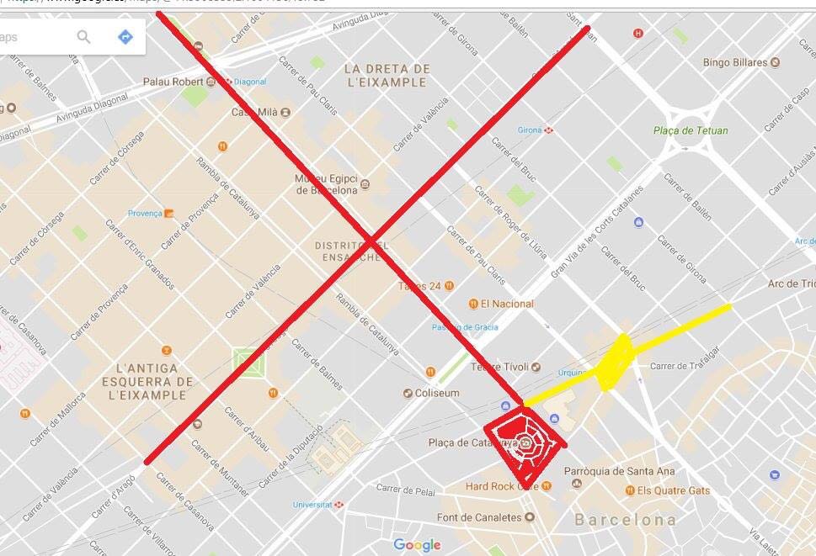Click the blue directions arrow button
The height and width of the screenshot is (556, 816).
[125, 37]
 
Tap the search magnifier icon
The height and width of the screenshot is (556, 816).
[83, 37]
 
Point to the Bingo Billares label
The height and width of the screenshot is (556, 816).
[734, 62]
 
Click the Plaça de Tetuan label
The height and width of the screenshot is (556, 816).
[691, 130]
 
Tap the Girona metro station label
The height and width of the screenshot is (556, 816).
[530, 130]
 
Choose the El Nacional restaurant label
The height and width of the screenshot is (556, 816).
[507, 304]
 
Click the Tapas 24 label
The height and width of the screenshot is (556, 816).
[420, 286]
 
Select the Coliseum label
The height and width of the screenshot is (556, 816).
[437, 393]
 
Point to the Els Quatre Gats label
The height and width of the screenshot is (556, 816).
[673, 490]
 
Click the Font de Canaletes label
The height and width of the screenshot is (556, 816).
[479, 517]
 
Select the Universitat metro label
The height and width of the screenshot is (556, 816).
[312, 505]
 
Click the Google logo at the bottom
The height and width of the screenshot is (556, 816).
[417, 545]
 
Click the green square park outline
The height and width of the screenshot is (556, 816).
[248, 363]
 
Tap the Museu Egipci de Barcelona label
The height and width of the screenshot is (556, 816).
[327, 184]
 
